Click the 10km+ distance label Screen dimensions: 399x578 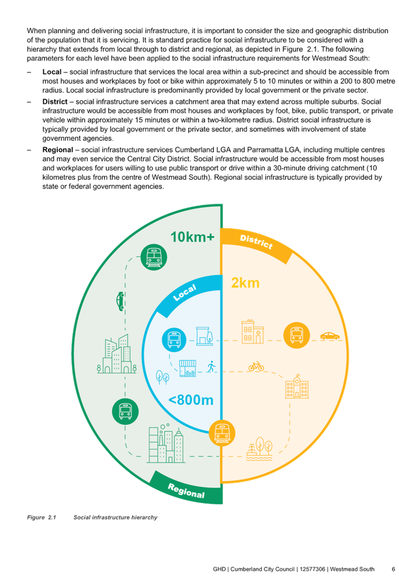coord(192,237)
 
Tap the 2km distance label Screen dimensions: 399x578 coord(245,283)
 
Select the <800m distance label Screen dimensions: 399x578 coord(190,400)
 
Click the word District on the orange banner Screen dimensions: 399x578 coord(256,242)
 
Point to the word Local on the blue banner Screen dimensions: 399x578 coord(185,293)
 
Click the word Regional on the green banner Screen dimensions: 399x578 coord(186,490)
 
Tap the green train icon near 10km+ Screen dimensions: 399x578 coord(154,257)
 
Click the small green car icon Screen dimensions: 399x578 coord(120,301)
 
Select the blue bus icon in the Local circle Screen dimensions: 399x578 coord(174,339)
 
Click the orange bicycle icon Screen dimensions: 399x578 coord(256,366)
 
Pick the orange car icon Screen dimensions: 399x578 coord(329,336)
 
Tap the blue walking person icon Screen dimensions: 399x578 coord(211,367)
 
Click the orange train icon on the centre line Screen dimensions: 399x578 coord(222,433)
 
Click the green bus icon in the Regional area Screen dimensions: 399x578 coord(126,412)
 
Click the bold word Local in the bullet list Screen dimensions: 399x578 coord(51,72)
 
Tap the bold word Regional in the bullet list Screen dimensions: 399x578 coord(57,149)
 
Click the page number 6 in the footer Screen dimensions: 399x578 coord(394,569)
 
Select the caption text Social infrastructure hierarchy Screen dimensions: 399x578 coord(116,517)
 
